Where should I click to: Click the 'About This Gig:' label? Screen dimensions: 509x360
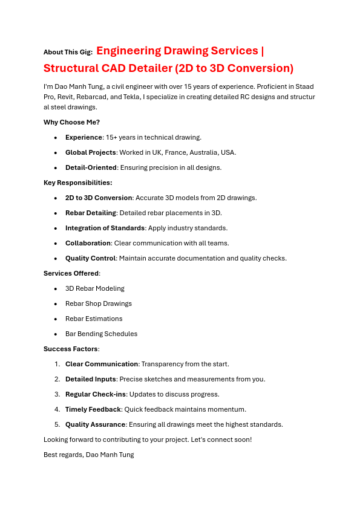(x=68, y=53)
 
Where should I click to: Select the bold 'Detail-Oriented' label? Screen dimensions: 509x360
(x=91, y=167)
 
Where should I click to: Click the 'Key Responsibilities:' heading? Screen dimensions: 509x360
(x=77, y=183)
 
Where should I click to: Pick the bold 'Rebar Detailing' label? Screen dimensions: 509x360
(x=90, y=213)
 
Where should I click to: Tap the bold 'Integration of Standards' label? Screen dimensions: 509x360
(x=105, y=228)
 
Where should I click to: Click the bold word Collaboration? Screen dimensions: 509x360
(x=88, y=243)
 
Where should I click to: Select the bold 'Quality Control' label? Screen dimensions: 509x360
(x=90, y=258)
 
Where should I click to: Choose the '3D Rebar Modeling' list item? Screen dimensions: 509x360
(x=95, y=288)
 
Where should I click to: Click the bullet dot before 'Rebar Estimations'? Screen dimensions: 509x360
(x=56, y=319)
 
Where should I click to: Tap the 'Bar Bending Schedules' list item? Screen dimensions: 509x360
(x=101, y=334)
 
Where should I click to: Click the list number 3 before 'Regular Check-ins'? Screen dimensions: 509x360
(x=57, y=394)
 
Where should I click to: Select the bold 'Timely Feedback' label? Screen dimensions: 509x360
(x=93, y=409)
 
